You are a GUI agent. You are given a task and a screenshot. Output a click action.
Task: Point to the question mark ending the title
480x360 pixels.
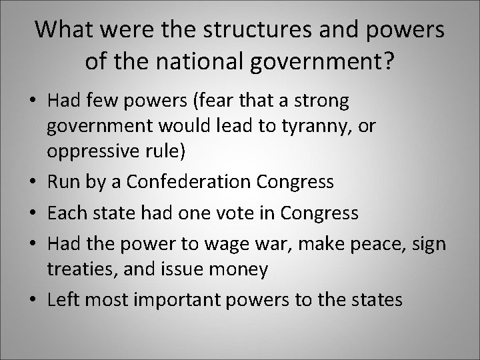(387, 62)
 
